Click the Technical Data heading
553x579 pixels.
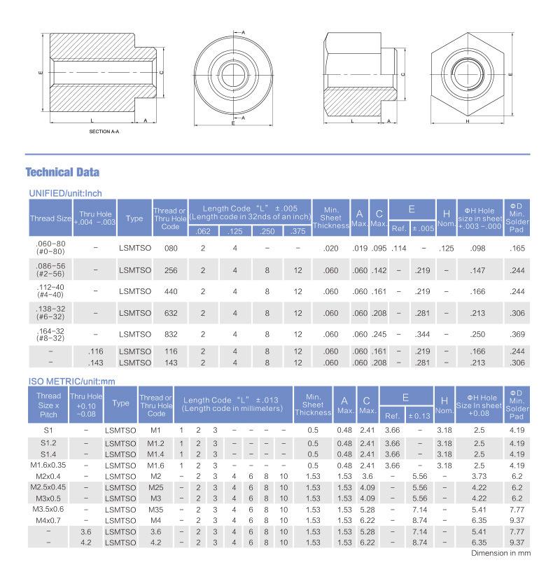[x=62, y=172]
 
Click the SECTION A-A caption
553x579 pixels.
[x=105, y=132]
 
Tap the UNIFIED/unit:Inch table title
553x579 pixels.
[x=66, y=193]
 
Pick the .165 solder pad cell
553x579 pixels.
[x=517, y=249]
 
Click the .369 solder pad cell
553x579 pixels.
[x=517, y=333]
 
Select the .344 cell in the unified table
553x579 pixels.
[x=422, y=333]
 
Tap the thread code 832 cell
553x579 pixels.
[x=170, y=333]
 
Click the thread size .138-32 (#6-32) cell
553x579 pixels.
[x=50, y=312]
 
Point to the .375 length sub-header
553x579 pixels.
[x=297, y=232]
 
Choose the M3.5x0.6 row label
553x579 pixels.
[x=48, y=510]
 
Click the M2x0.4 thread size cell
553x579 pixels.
[x=48, y=476]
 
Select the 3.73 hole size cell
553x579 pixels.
[x=479, y=476]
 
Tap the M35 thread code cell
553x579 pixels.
[x=155, y=510]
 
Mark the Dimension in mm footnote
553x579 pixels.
[x=500, y=553]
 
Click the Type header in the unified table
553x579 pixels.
[x=134, y=218]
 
